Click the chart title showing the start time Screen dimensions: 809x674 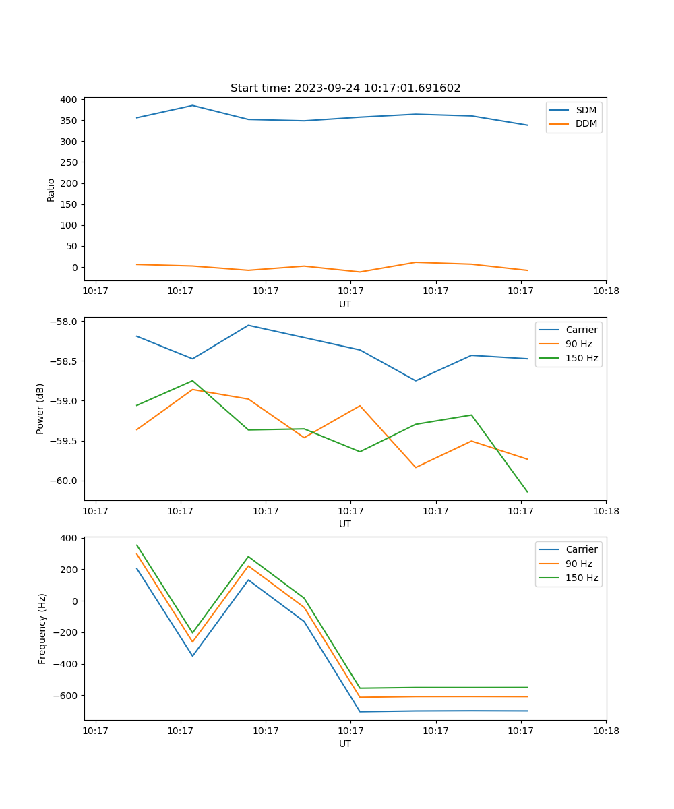point(345,88)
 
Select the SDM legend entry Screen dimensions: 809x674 point(586,110)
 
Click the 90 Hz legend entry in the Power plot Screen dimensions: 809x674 point(578,344)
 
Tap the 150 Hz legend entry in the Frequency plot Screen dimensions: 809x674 point(582,578)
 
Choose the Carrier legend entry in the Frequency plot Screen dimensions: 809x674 point(581,549)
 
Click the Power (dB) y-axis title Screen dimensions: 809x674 point(40,409)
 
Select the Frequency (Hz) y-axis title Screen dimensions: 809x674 point(42,628)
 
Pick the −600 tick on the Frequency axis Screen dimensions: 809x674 point(65,696)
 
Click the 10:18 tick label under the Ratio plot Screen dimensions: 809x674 point(606,291)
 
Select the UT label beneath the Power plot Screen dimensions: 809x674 point(345,524)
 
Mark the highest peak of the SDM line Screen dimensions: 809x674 point(192,105)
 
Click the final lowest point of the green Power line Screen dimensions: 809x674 point(527,492)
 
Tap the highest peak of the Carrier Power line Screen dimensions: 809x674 point(248,325)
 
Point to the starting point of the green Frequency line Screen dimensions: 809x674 point(137,545)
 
